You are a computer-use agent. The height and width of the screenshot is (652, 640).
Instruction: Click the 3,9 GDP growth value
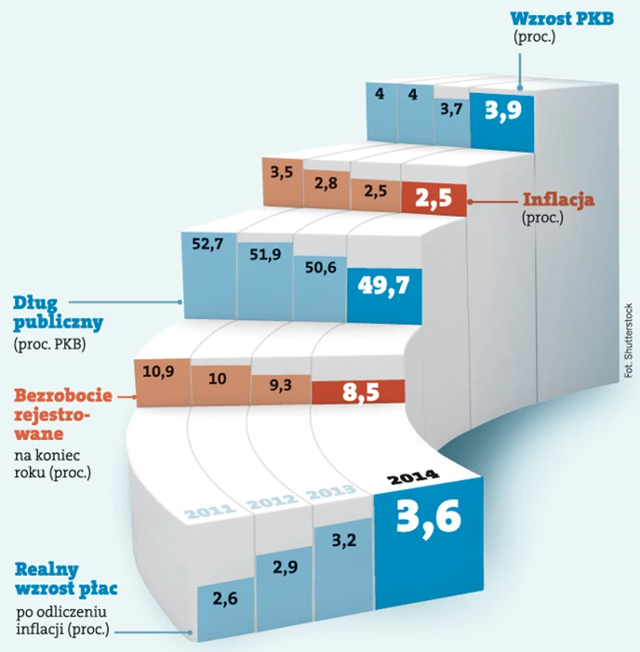[503, 110]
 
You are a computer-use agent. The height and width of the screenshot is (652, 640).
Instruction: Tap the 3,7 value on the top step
[451, 110]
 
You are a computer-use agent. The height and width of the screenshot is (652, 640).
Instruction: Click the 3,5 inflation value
[282, 170]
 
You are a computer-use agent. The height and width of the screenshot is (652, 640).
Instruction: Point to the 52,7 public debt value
[208, 244]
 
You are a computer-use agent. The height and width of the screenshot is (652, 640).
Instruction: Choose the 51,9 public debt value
[264, 253]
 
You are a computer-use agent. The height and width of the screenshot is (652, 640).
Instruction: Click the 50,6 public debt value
[320, 267]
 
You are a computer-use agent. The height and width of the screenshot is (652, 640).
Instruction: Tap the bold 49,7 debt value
[383, 284]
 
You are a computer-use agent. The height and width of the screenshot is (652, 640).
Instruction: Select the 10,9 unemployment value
[159, 370]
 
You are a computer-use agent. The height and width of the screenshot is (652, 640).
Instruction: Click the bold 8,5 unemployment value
[359, 391]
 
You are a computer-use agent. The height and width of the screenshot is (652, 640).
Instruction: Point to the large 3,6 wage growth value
[428, 518]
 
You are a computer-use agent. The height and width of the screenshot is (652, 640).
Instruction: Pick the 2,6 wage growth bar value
[226, 598]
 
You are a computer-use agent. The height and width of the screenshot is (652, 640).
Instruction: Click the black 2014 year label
[413, 478]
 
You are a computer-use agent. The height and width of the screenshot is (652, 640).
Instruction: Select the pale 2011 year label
[209, 511]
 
